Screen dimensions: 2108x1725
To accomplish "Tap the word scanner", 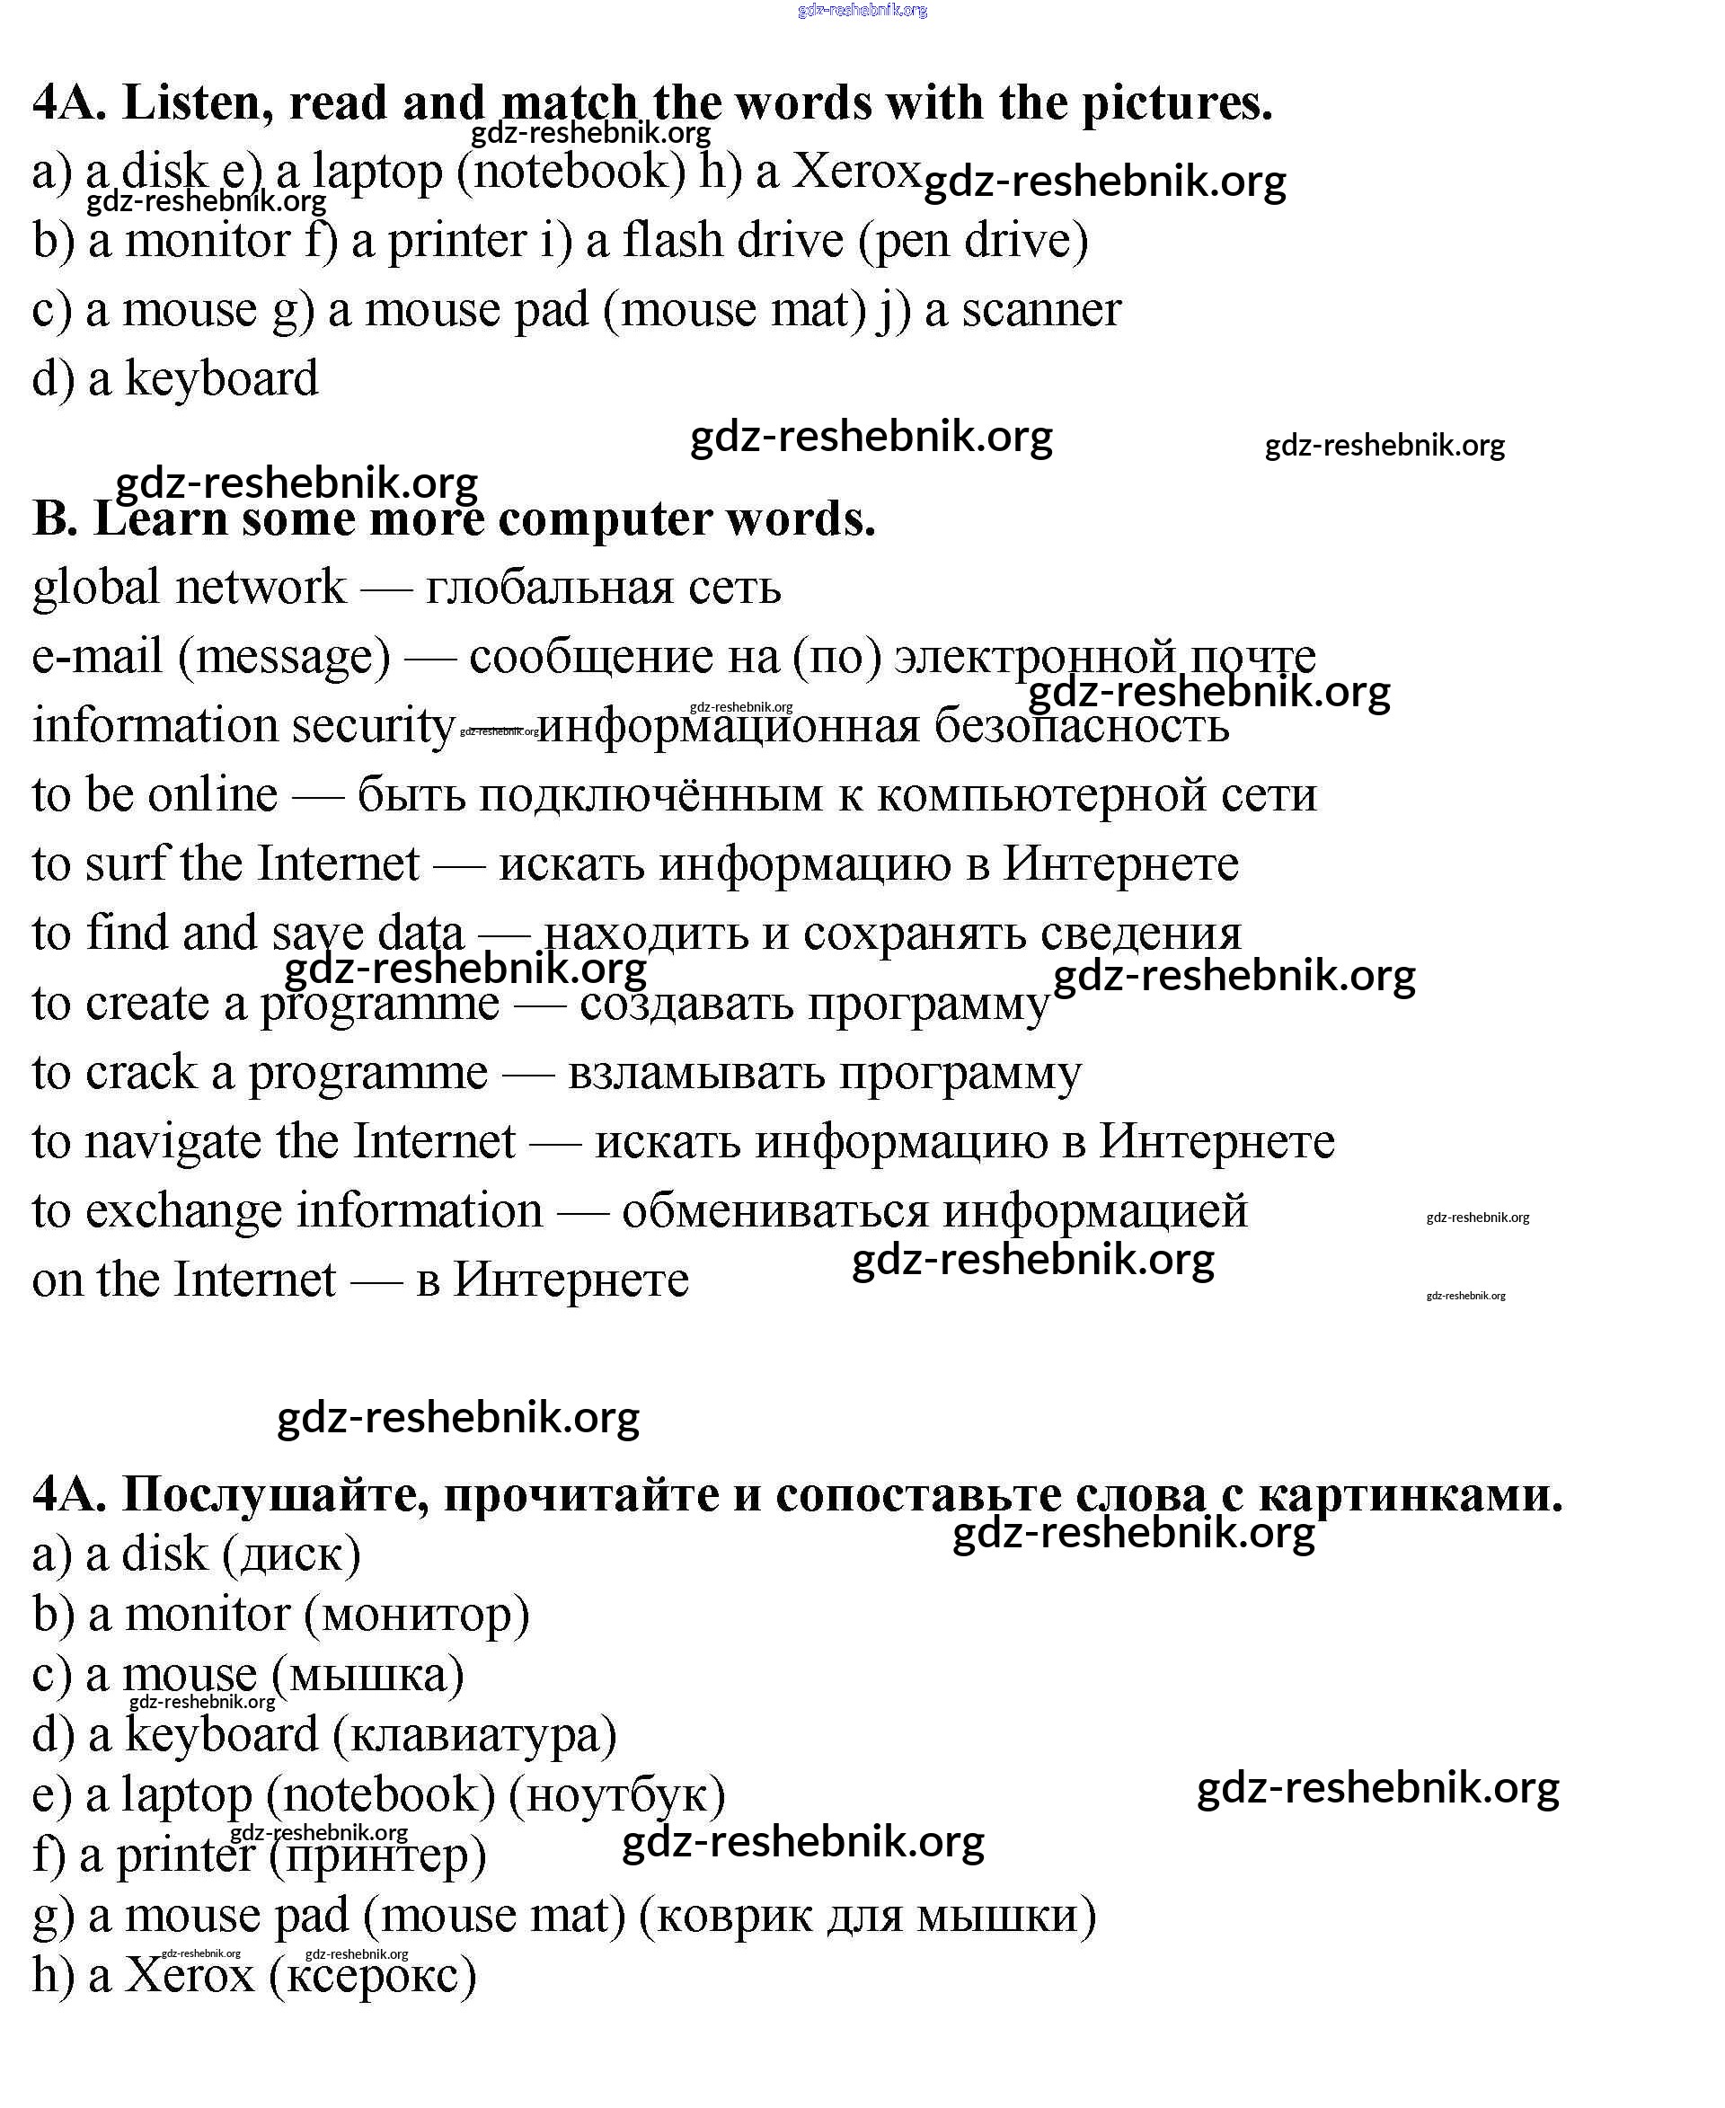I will [1041, 310].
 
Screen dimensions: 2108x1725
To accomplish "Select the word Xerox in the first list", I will [857, 171].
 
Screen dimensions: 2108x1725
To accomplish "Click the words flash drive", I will [733, 241].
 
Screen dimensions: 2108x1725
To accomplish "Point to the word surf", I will [126, 864].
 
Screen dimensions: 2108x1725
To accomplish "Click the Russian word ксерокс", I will [374, 1975].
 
